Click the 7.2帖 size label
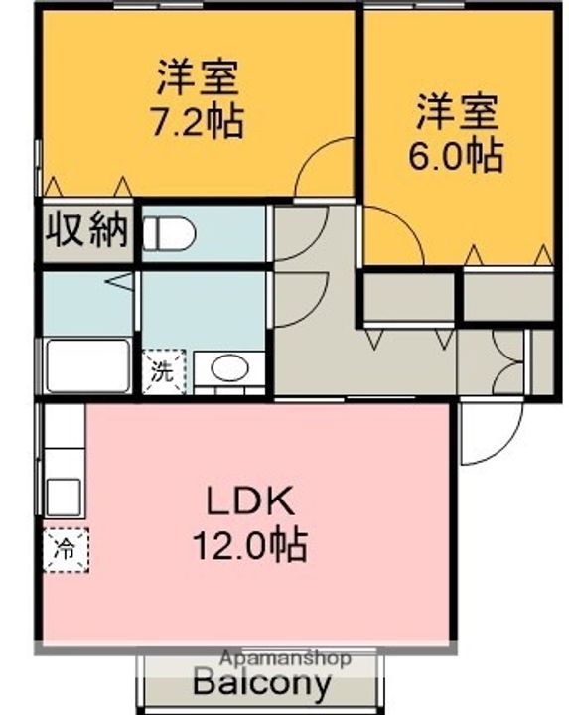tap(198, 122)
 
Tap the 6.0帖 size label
tap(456, 156)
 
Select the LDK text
tap(249, 501)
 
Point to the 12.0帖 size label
tap(249, 545)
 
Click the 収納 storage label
tap(86, 229)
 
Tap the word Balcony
tap(262, 683)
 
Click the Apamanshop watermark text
tap(286, 658)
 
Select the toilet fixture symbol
tap(169, 234)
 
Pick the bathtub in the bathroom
tap(87, 366)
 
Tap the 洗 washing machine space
tap(164, 372)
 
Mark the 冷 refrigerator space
tap(66, 550)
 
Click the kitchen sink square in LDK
tap(65, 498)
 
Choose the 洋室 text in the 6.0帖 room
tap(456, 111)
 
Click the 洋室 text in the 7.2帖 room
tap(198, 77)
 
